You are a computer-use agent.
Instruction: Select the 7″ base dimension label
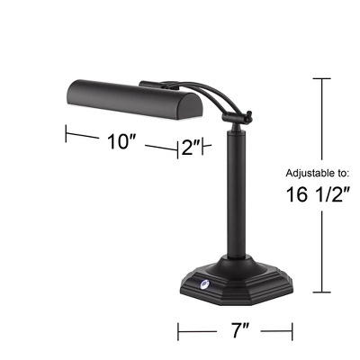tap(238, 331)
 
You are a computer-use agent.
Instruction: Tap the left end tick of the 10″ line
tap(67, 132)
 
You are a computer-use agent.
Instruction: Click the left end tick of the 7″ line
tap(179, 332)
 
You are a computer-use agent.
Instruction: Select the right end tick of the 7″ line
tap(295, 332)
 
